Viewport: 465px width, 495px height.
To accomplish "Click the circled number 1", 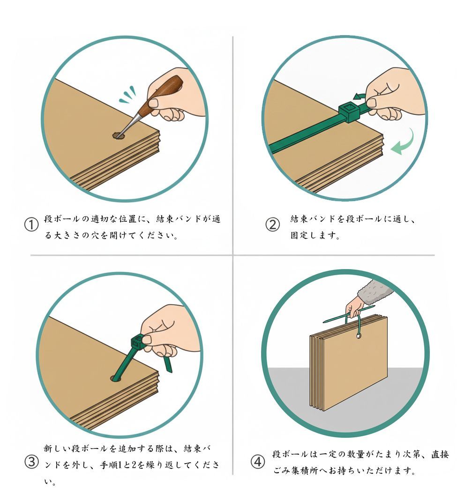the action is pyautogui.click(x=31, y=225).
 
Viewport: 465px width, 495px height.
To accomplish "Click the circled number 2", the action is pyautogui.click(x=272, y=225).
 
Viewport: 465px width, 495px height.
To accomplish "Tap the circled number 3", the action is pyautogui.click(x=31, y=462).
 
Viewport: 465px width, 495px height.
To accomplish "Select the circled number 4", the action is pyautogui.click(x=258, y=462).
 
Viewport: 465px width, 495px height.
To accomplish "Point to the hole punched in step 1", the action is pyautogui.click(x=118, y=135).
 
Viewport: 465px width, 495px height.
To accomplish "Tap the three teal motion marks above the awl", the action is pyautogui.click(x=128, y=95).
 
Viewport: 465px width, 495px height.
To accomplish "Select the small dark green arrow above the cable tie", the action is pyautogui.click(x=360, y=96).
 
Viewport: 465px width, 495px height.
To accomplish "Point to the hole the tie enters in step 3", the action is pyautogui.click(x=117, y=378).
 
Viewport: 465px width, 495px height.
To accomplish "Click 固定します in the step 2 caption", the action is pyautogui.click(x=315, y=235).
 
